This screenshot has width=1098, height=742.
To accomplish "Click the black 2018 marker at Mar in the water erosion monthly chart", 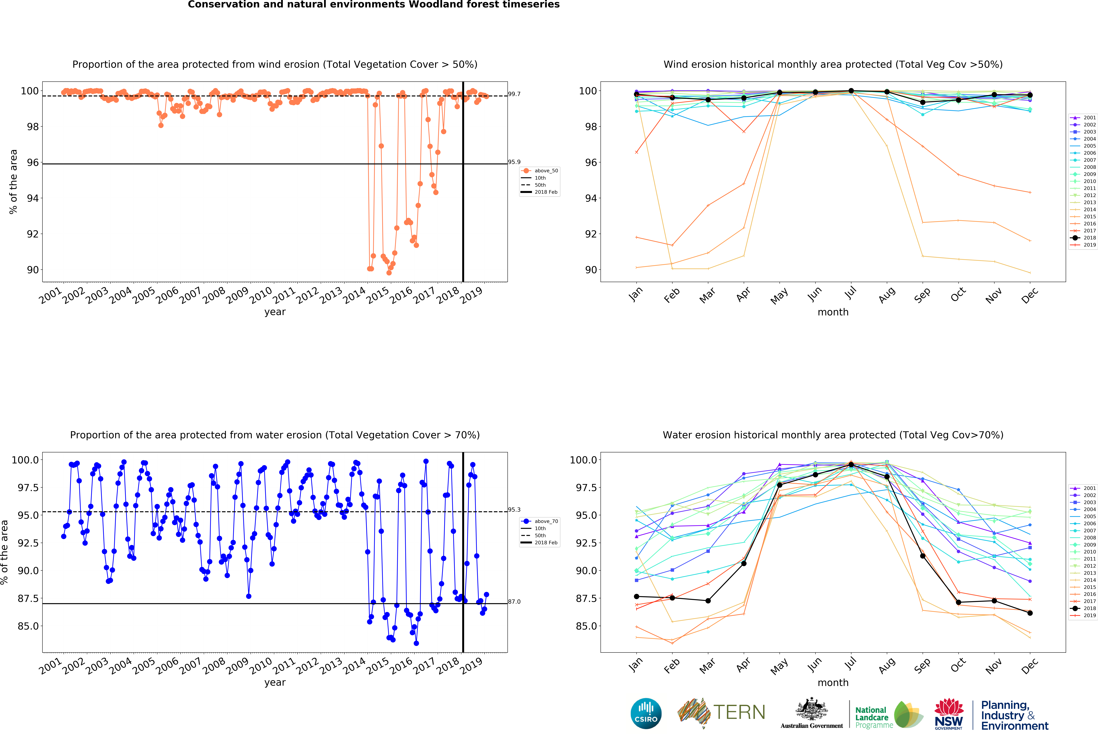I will click(708, 601).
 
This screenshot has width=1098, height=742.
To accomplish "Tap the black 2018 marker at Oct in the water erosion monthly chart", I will click(958, 602).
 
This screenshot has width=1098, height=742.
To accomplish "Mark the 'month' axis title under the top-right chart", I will click(833, 312).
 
